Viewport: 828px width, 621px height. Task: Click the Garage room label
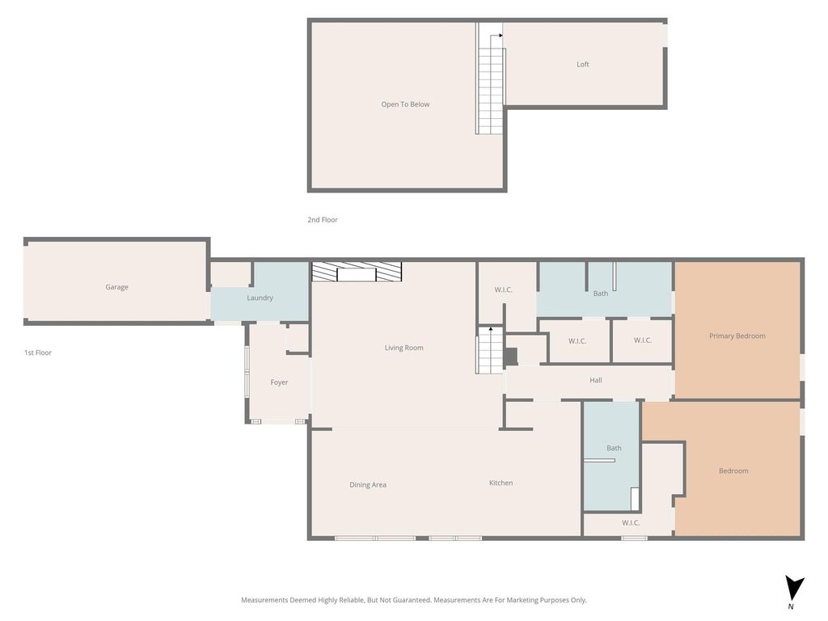116,287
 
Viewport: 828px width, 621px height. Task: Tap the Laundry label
260,298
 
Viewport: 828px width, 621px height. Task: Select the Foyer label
279,382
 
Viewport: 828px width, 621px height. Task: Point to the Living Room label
404,348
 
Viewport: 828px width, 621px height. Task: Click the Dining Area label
368,485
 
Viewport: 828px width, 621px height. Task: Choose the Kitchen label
501,483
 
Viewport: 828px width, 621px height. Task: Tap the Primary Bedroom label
737,336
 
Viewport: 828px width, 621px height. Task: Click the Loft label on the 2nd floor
583,65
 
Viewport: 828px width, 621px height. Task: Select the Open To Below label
406,104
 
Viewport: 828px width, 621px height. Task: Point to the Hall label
596,380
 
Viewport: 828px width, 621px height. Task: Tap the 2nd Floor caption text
323,220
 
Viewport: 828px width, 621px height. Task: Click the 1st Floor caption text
38,353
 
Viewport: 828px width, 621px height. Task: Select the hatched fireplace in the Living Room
357,272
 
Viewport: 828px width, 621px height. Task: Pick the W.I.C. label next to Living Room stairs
503,290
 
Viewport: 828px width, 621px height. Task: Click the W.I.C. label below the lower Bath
631,523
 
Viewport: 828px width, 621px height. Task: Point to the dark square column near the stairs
509,357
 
